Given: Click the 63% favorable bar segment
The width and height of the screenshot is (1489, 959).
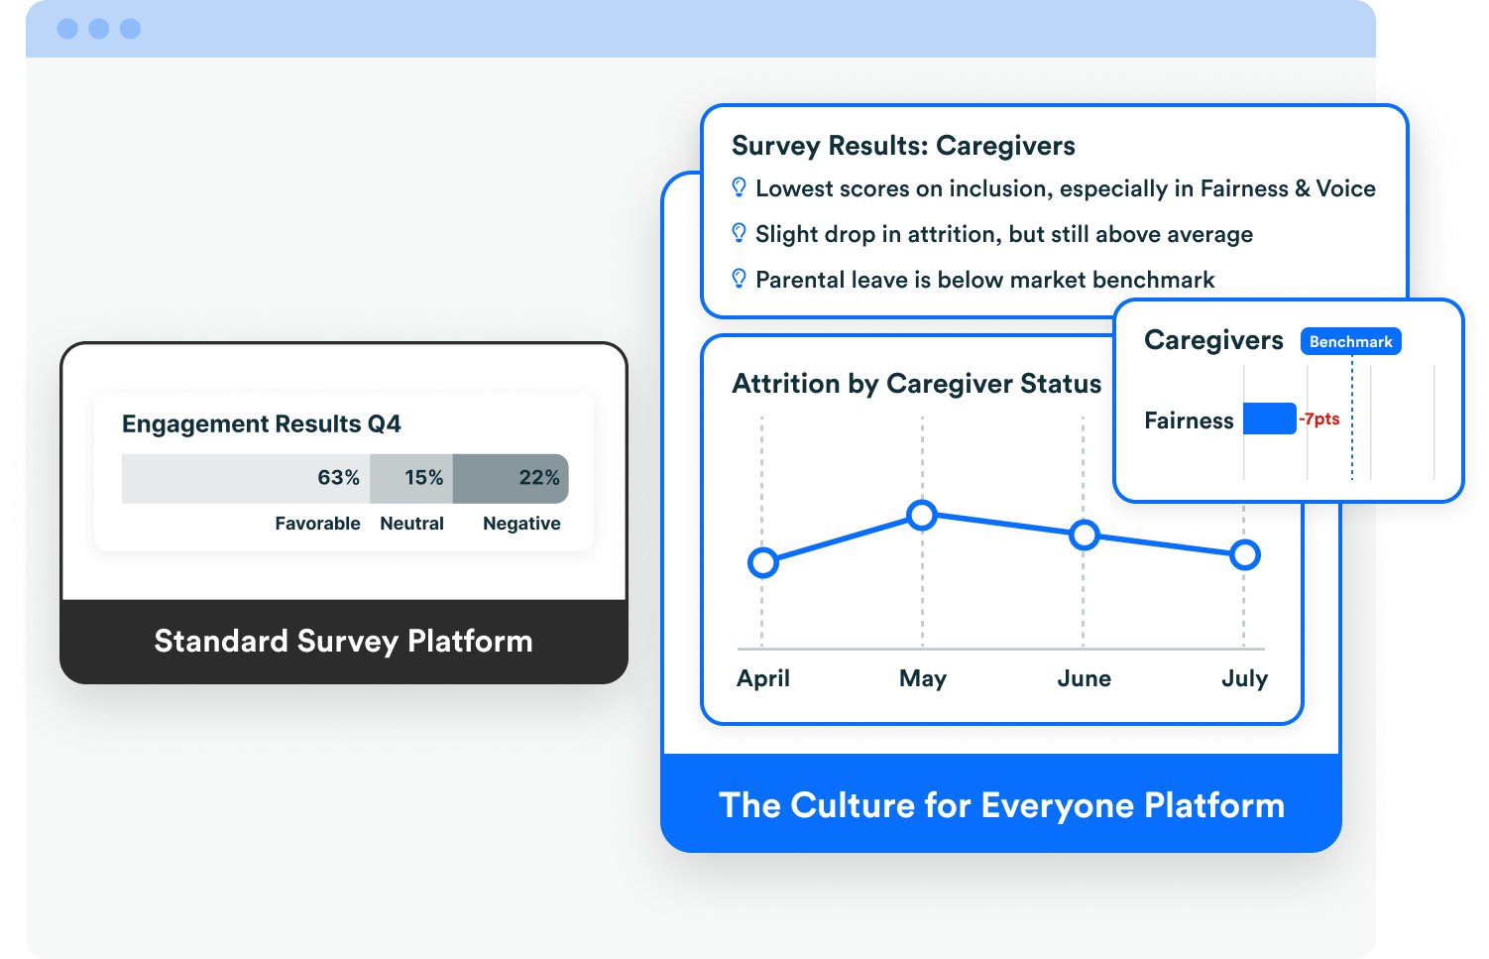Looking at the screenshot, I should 246,478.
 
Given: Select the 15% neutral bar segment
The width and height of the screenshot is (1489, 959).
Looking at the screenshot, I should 411,478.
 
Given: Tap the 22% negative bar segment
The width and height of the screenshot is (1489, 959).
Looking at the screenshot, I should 511,478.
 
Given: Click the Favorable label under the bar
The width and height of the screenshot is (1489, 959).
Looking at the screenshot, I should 317,524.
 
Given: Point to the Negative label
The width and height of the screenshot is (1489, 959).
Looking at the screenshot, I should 521,524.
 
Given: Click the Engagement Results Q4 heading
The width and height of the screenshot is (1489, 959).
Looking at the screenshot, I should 262,424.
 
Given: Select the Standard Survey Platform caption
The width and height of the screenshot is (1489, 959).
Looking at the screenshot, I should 343,642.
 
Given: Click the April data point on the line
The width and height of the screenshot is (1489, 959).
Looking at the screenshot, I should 762,562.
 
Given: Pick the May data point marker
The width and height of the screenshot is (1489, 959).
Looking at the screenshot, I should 922,515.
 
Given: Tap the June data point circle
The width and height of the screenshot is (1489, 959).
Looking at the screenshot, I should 1085,536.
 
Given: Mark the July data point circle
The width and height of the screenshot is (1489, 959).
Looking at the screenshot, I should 1244,555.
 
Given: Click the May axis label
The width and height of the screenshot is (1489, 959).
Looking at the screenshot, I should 923,678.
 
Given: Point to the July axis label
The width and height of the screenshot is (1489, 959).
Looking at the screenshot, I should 1244,678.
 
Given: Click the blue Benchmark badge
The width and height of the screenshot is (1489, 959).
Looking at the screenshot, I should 1350,342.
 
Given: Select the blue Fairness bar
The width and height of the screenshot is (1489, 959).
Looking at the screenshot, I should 1269,419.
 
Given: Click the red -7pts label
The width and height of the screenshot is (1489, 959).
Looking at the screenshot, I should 1319,420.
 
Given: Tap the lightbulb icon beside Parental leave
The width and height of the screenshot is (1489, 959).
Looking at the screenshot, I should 739,279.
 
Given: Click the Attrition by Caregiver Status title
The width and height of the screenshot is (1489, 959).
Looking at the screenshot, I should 916,384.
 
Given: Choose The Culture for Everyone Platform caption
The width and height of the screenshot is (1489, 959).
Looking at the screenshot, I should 1001,805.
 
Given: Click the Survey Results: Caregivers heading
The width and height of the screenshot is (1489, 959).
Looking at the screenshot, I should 903,146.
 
